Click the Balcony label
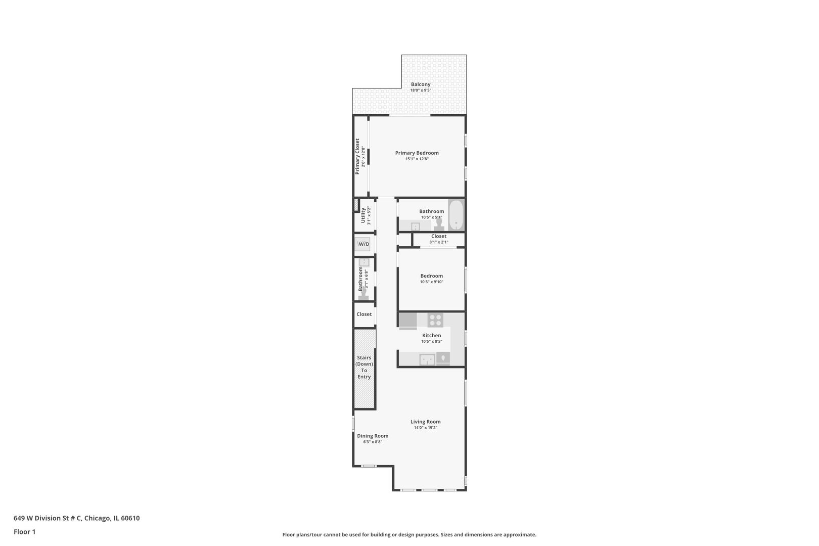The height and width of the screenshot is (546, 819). tap(421, 84)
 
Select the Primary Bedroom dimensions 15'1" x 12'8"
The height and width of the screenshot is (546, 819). tap(417, 159)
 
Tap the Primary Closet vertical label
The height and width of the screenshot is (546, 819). tap(357, 157)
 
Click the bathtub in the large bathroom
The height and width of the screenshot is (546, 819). tap(456, 215)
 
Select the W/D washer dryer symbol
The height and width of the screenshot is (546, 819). tap(363, 244)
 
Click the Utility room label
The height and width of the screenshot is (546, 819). tap(363, 215)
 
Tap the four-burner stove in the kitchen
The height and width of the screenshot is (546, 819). tap(435, 320)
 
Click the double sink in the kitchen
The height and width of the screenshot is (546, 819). tap(427, 359)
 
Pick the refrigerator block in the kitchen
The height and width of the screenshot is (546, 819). tap(407, 321)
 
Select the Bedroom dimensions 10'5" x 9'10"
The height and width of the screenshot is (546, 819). tap(431, 282)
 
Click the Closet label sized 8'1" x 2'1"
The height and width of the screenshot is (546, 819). tap(438, 236)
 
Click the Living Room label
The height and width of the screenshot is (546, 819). tap(425, 422)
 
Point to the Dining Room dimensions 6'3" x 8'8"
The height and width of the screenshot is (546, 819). tap(373, 442)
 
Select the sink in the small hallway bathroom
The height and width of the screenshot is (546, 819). tap(364, 262)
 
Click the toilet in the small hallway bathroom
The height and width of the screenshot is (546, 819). tap(363, 295)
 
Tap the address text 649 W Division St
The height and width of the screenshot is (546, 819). tap(76, 518)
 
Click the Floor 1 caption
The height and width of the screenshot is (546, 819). tap(24, 532)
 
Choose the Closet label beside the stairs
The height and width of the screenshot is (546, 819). tap(364, 314)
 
